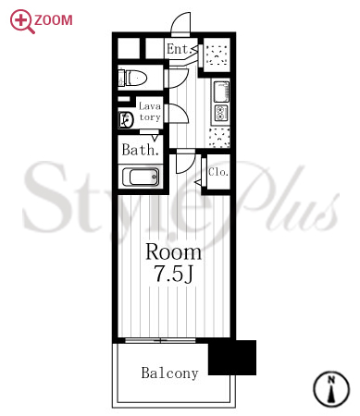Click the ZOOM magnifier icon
tap(21, 21)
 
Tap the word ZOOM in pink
tap(54, 20)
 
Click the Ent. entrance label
tap(178, 49)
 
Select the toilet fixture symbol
tap(132, 78)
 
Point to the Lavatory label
tap(150, 112)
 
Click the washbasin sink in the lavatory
tap(126, 119)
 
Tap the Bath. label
tap(141, 150)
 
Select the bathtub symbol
tap(141, 177)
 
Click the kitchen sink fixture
tap(221, 92)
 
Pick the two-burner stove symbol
tap(221, 113)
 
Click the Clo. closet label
tap(218, 172)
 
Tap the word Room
tap(173, 252)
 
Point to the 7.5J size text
tap(174, 273)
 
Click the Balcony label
tap(169, 373)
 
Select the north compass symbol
tap(331, 389)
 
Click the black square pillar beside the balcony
tap(232, 358)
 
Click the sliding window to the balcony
tap(160, 340)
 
